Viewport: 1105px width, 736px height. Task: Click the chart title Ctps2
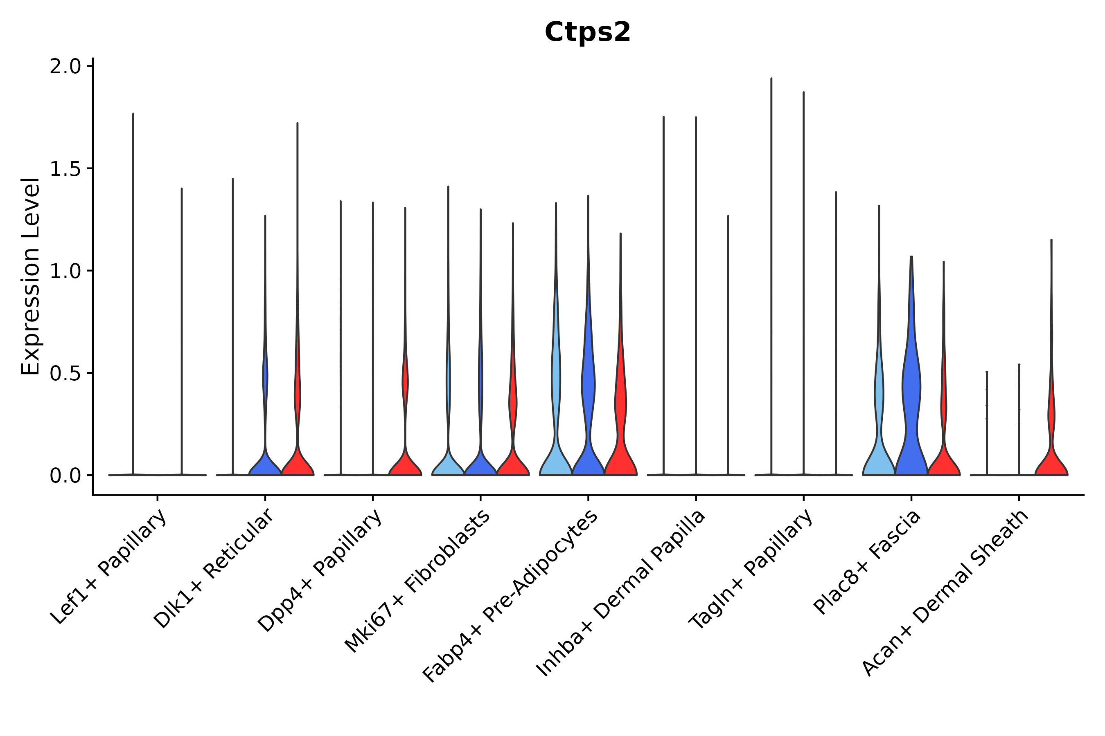[587, 32]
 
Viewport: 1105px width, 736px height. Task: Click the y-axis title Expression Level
[31, 276]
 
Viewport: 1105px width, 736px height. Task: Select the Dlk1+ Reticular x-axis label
[214, 568]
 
